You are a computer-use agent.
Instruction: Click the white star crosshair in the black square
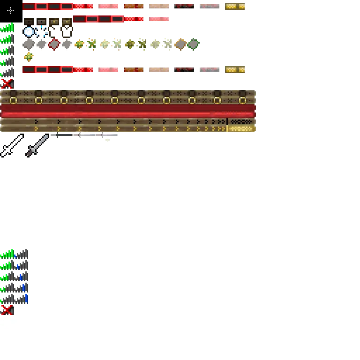(11, 10)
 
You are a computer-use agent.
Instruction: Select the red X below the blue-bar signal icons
(7, 309)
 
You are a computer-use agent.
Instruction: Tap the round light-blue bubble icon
(29, 32)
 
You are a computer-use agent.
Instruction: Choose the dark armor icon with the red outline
(54, 44)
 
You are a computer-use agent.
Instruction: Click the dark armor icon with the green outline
(193, 44)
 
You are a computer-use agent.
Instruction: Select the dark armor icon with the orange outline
(181, 44)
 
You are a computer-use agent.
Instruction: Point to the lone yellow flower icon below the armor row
(29, 57)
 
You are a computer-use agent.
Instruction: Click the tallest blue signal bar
(27, 298)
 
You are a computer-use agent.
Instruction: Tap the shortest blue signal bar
(16, 256)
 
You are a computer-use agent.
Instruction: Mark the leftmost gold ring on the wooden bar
(13, 100)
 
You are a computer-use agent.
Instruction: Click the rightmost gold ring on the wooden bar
(242, 100)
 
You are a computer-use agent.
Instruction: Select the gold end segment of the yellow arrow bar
(240, 128)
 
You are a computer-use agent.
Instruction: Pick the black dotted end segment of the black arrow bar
(240, 121)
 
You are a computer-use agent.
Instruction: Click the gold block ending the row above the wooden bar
(236, 70)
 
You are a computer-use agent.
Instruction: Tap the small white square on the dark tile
(67, 32)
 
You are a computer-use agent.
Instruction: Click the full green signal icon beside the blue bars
(7, 254)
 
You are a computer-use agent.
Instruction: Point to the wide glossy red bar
(127, 112)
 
